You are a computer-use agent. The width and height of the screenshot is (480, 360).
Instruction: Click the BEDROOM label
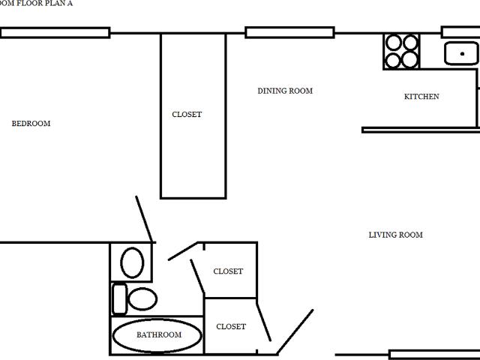(x=31, y=123)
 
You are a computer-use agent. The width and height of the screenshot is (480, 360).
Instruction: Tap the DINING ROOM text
(x=285, y=91)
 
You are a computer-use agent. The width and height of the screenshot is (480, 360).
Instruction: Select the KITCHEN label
(x=421, y=97)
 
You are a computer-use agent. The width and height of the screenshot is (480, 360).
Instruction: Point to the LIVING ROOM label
(x=395, y=235)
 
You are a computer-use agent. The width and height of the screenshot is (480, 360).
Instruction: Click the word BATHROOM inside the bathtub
(x=159, y=335)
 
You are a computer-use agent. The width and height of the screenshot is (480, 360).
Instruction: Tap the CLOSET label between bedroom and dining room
(x=187, y=115)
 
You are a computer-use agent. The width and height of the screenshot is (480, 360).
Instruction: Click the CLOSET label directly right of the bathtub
(x=231, y=327)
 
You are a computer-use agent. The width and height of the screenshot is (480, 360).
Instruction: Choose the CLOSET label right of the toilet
(x=228, y=271)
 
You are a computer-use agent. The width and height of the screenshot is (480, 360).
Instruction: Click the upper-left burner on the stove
(x=393, y=42)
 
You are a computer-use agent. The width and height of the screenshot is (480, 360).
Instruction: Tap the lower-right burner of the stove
(x=410, y=59)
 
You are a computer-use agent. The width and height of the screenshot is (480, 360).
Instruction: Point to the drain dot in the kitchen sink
(x=462, y=54)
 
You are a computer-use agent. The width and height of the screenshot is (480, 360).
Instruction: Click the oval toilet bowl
(x=142, y=298)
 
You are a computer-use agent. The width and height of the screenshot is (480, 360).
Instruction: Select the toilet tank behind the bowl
(x=120, y=299)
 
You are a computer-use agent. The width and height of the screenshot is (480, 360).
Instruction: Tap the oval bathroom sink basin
(x=132, y=262)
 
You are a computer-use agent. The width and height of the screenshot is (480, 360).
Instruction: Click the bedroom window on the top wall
(x=55, y=33)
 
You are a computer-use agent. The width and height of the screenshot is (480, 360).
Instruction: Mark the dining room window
(x=289, y=32)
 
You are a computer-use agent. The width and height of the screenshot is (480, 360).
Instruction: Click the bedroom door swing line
(x=144, y=219)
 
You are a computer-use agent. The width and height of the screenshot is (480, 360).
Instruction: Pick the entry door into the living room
(x=295, y=332)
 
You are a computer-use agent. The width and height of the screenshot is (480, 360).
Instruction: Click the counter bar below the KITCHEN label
(x=421, y=130)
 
